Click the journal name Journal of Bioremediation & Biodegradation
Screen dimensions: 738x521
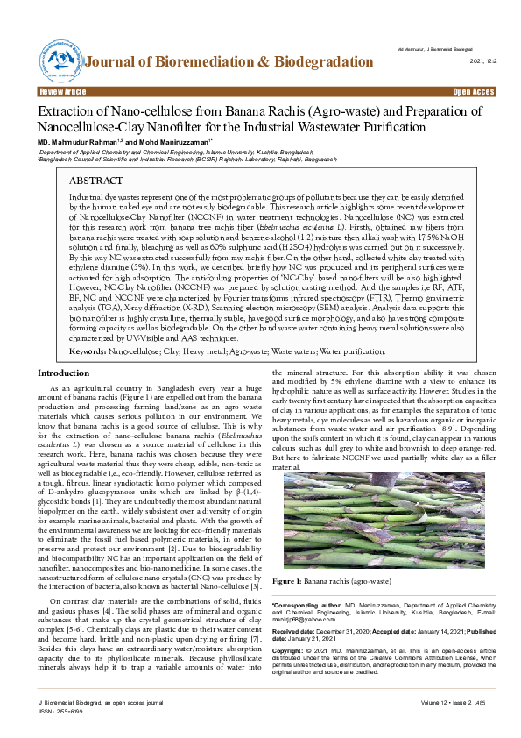(x=229, y=62)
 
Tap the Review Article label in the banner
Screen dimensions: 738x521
(x=62, y=91)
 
